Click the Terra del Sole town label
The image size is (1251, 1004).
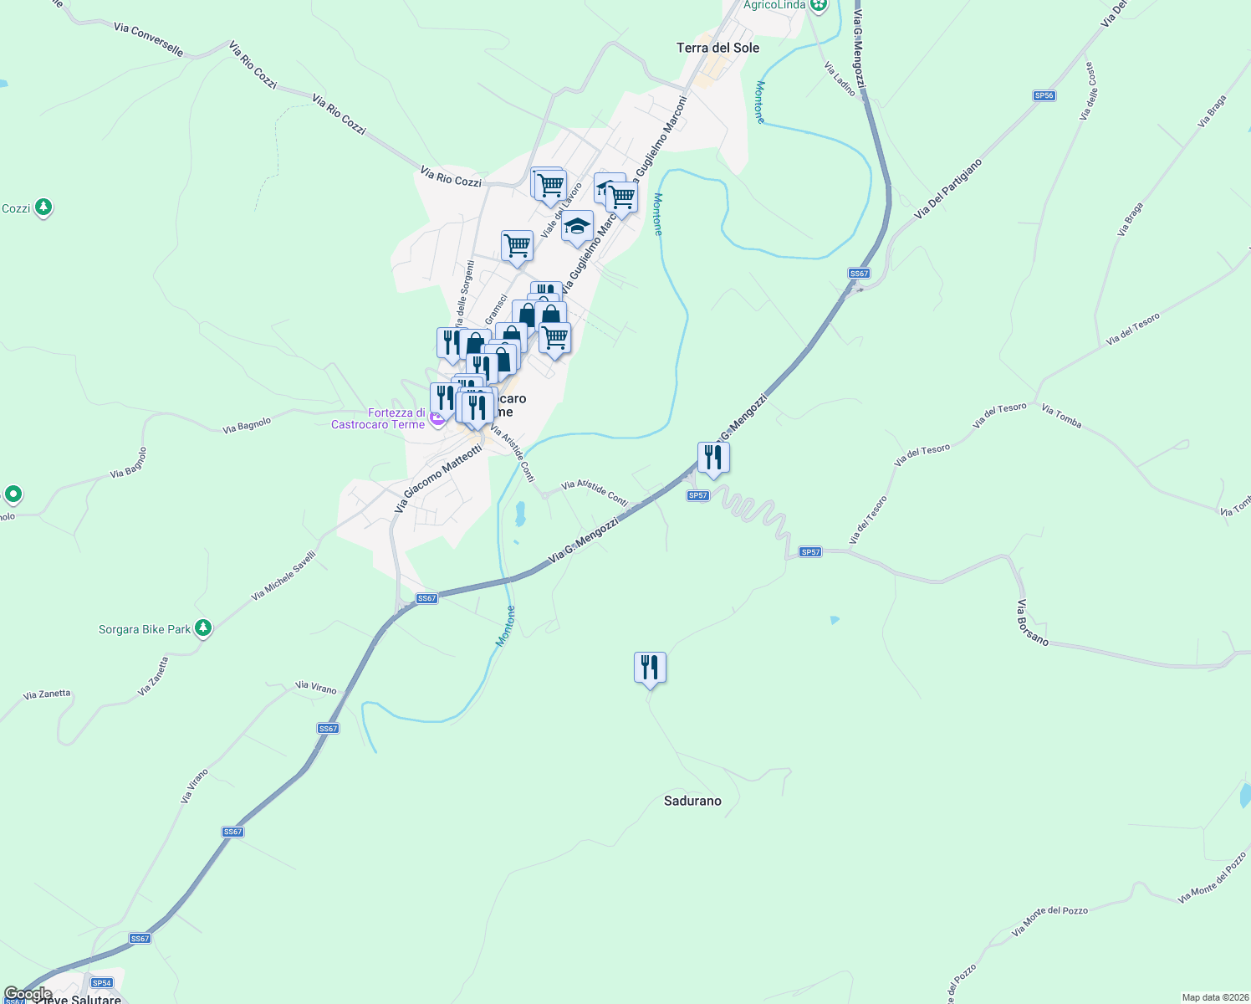pos(717,48)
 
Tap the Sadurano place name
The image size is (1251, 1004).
pos(692,801)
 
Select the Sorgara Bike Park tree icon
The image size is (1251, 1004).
pos(202,627)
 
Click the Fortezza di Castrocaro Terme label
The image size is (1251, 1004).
pos(378,418)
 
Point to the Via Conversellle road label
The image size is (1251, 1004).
pos(148,39)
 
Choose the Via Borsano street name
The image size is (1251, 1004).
pos(1033,622)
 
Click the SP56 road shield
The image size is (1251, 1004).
pos(1044,96)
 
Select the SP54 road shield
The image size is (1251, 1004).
pos(102,983)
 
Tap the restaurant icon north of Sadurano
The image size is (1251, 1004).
pos(650,668)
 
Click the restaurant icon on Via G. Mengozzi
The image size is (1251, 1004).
pos(713,458)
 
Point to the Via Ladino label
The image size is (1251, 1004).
pos(840,79)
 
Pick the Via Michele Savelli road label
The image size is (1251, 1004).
pos(283,576)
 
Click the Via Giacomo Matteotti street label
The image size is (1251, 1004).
pos(438,479)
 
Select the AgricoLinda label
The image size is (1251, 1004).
pos(774,5)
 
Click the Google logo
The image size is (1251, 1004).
pos(28,994)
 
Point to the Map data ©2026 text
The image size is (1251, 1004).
pos(1215,997)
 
